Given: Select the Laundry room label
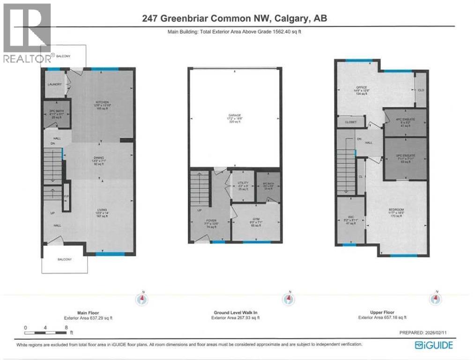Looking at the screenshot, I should point(54,85).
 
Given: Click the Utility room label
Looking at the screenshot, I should point(242,184).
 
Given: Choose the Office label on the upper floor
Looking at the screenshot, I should point(360,88).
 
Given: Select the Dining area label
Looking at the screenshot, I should point(98,158).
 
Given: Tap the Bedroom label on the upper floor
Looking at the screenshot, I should point(396,209).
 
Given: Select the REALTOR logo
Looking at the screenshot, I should point(26,33).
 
